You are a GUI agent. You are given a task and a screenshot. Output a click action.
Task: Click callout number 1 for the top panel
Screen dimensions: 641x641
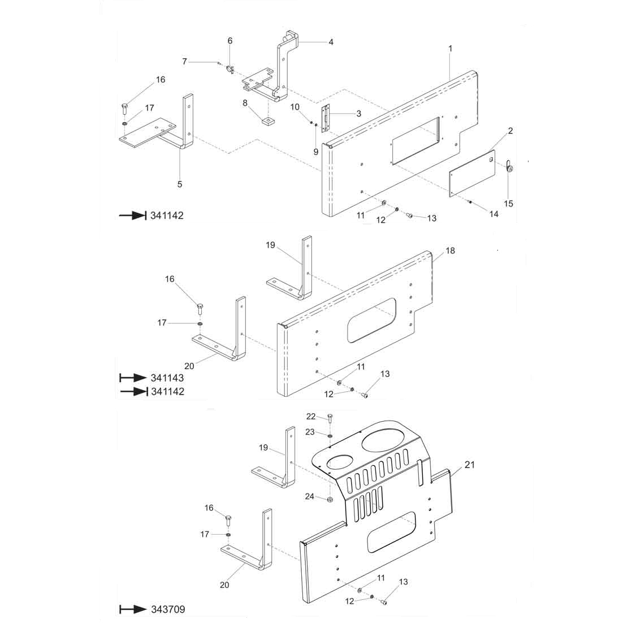click(451, 49)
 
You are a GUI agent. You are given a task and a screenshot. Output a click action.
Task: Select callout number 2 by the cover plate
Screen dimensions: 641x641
click(510, 131)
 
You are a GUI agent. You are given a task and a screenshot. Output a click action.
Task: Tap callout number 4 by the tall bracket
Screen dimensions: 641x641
click(331, 42)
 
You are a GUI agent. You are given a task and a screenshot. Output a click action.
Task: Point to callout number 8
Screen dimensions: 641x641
click(245, 103)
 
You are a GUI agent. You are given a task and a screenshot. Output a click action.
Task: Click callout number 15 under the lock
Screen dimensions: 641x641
click(509, 203)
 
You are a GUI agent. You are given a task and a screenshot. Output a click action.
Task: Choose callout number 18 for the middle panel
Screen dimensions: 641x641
click(450, 250)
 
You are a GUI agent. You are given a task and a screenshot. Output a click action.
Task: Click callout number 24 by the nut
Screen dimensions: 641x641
click(310, 497)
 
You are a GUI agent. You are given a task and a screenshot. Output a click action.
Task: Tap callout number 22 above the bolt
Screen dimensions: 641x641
click(311, 417)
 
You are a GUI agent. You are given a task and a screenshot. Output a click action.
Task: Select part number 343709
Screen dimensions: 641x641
click(168, 610)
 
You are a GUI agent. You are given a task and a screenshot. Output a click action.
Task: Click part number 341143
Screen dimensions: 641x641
click(167, 378)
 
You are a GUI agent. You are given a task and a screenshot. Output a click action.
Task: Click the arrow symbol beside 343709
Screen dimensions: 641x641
click(133, 610)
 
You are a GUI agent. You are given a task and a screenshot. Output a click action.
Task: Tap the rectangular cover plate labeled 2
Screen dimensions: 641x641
click(472, 174)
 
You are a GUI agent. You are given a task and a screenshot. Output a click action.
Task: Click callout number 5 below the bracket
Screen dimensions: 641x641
click(180, 184)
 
